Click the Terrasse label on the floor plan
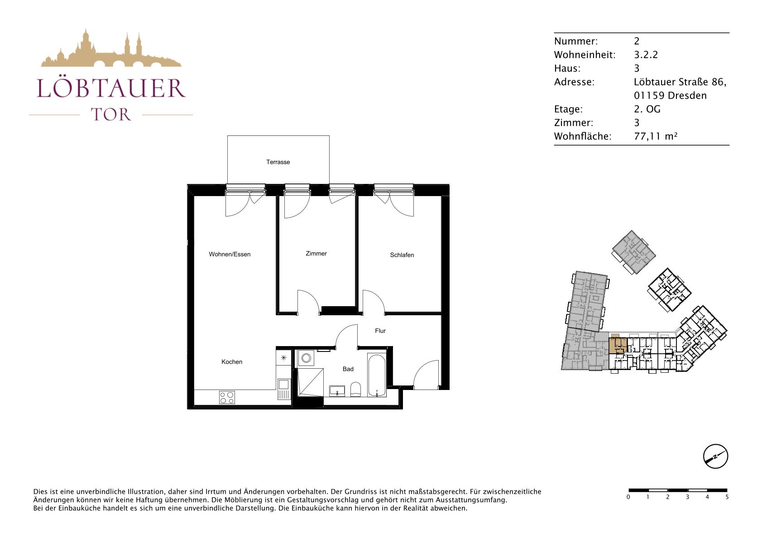(278, 162)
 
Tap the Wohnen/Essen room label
(230, 254)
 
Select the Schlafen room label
(402, 255)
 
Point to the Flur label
(380, 331)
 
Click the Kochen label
(232, 362)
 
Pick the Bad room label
(348, 369)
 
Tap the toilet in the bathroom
(355, 390)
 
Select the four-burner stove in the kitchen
(226, 397)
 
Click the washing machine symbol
(306, 358)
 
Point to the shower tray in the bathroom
(311, 382)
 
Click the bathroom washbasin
(337, 391)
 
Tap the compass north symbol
(715, 456)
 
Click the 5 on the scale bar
(727, 497)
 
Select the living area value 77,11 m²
(656, 136)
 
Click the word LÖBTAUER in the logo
(111, 88)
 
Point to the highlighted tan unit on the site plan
(618, 344)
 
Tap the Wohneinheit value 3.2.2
(646, 55)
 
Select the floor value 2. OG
(647, 109)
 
